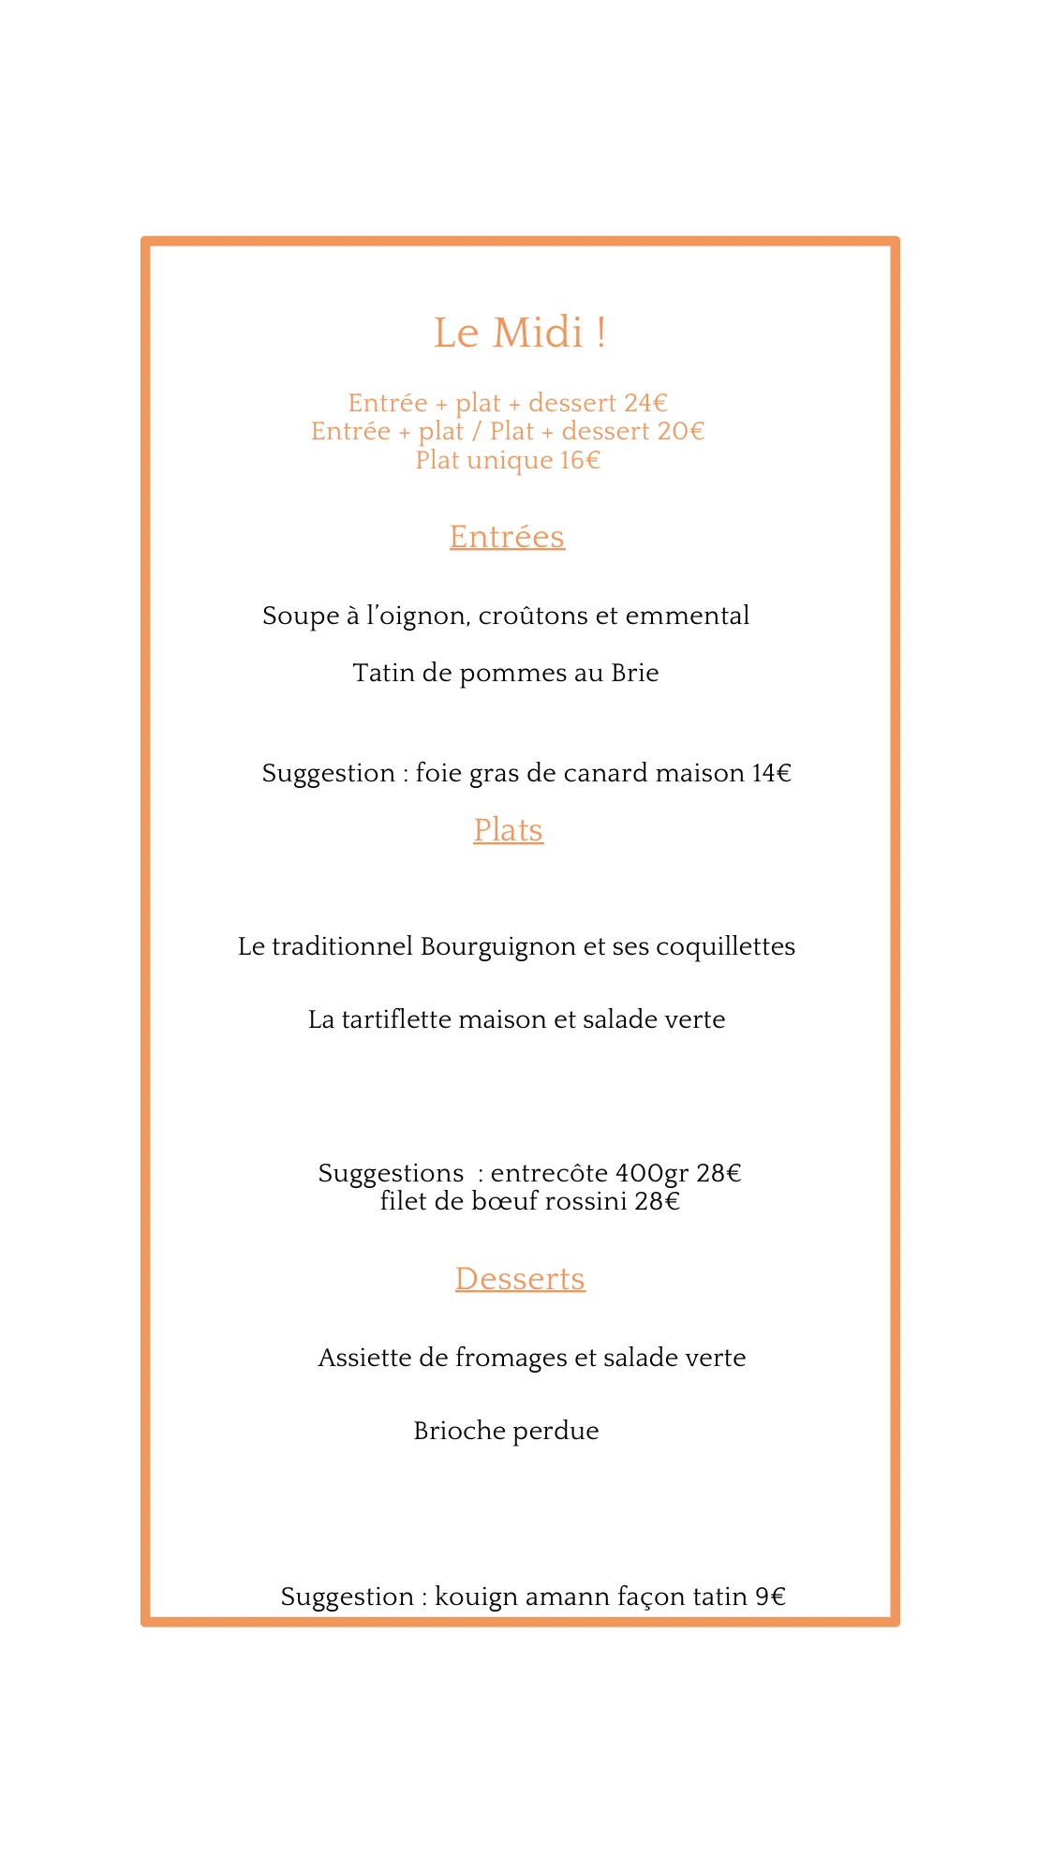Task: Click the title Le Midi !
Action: [519, 334]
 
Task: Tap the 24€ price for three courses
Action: [645, 403]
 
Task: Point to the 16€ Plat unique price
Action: [580, 460]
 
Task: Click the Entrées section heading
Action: [507, 537]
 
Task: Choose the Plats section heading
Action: [508, 830]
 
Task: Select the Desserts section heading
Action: [520, 1279]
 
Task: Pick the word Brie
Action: [634, 674]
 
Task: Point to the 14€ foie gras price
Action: [771, 774]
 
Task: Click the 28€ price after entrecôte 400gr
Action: [718, 1174]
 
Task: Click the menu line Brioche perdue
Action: [506, 1432]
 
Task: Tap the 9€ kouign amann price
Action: [770, 1597]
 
